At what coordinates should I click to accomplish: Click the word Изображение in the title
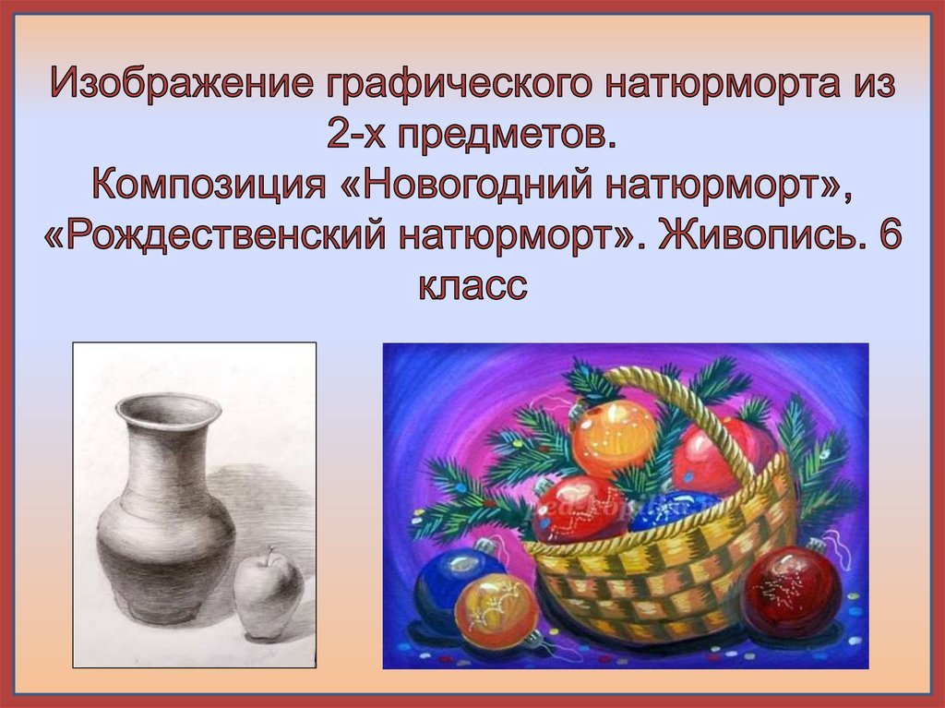[x=182, y=84]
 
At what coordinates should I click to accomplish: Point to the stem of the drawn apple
[x=272, y=554]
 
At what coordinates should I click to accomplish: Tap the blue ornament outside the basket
[x=453, y=579]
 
